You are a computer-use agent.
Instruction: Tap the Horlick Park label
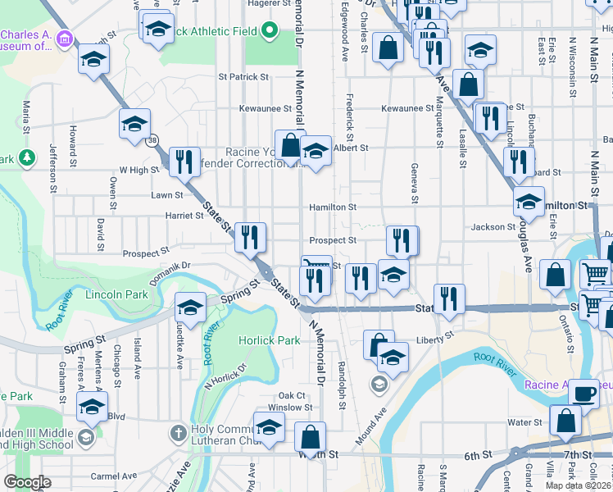click(270, 340)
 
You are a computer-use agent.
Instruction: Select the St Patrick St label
click(243, 77)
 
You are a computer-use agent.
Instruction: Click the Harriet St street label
click(184, 216)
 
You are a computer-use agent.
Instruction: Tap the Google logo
click(27, 482)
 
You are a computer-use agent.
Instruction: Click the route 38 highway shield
click(152, 140)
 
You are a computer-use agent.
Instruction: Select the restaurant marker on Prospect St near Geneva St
click(402, 240)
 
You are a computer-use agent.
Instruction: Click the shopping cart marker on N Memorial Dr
click(316, 265)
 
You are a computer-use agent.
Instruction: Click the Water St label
click(521, 422)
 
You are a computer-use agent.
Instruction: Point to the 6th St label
click(477, 453)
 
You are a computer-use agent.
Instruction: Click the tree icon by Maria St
click(27, 157)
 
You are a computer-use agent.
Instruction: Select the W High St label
click(138, 170)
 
